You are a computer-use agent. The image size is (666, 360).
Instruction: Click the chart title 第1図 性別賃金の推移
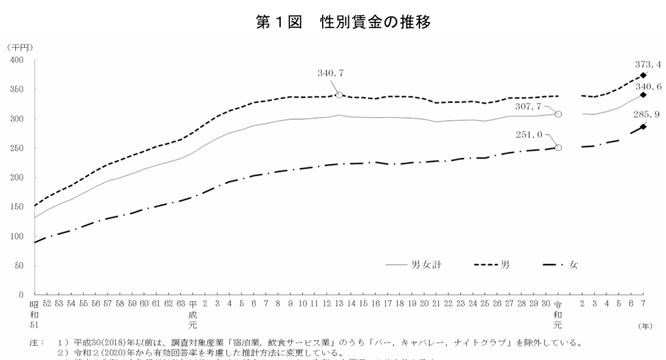coord(344,22)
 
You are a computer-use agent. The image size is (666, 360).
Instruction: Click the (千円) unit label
coord(19,47)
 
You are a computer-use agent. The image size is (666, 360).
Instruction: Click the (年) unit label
coord(645,327)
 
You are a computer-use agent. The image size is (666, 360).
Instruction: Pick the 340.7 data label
coord(331,73)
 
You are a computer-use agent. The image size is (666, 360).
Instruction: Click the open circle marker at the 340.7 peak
coord(339,95)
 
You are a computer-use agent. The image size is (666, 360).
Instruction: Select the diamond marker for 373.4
coord(643,75)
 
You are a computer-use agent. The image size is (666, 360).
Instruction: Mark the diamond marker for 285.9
coord(643,127)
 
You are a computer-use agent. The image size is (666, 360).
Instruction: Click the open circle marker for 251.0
coord(558,147)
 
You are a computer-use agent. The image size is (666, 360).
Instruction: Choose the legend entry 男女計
coord(424,265)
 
